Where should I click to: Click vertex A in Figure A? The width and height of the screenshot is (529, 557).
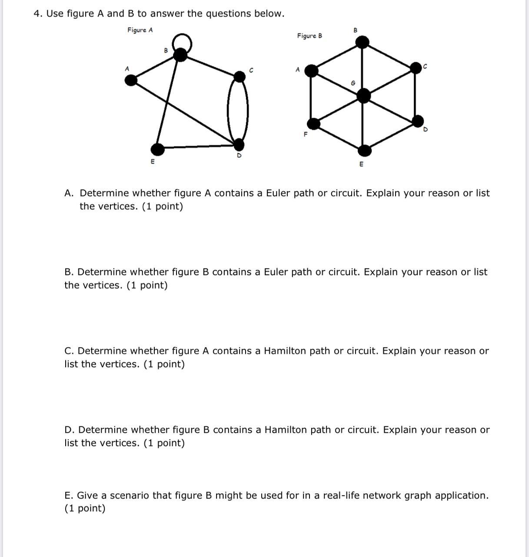click(131, 80)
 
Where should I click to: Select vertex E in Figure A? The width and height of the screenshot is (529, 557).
click(158, 149)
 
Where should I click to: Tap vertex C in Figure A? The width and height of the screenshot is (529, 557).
click(239, 77)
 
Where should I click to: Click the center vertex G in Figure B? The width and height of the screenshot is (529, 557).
click(364, 95)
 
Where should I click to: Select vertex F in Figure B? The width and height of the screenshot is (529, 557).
click(313, 124)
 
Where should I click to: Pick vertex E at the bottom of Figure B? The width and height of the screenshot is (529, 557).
click(364, 151)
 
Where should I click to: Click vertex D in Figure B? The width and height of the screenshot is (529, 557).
click(418, 121)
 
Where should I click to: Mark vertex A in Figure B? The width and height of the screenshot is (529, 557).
click(311, 70)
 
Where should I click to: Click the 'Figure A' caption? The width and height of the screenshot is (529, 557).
click(140, 30)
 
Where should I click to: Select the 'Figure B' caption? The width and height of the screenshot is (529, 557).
click(309, 36)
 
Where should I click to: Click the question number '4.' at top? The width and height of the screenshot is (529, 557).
click(38, 13)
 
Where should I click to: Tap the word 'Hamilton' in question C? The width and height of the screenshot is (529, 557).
click(285, 351)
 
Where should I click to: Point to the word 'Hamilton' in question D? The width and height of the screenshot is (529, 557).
click(285, 430)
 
